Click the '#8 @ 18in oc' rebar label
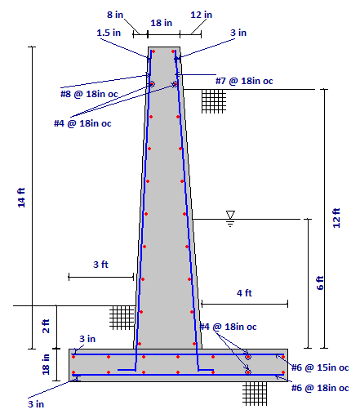(x=89, y=94)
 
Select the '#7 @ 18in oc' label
(x=244, y=81)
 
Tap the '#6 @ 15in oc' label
(x=320, y=367)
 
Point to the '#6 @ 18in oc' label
(x=320, y=388)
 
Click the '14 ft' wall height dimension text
(x=21, y=198)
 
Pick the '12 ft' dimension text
(x=336, y=218)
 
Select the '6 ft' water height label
(x=320, y=283)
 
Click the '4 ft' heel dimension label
(x=244, y=293)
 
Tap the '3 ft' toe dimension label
(x=100, y=265)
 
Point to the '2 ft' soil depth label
(x=46, y=326)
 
